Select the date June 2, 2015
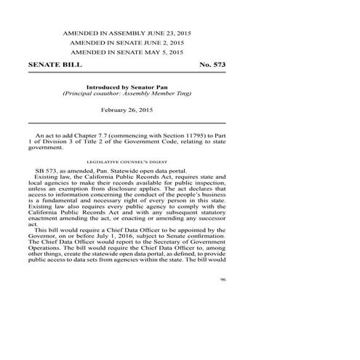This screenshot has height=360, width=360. tap(164, 43)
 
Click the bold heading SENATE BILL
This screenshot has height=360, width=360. tap(55, 65)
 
